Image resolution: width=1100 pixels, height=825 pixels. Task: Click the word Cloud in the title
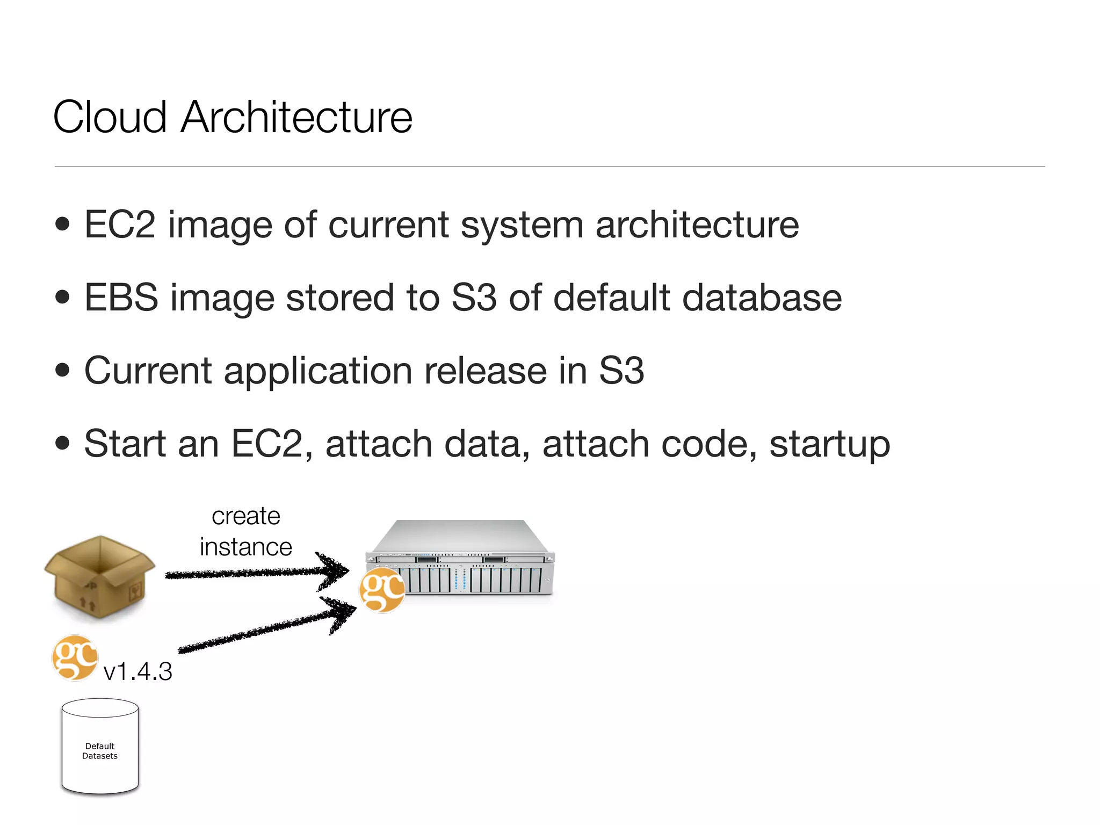pos(110,117)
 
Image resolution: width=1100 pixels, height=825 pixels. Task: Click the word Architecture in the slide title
pos(296,117)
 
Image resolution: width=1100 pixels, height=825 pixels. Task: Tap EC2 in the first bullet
pos(120,225)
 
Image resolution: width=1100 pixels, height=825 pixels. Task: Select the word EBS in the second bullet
pos(121,298)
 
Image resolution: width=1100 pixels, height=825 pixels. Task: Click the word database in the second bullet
pos(762,298)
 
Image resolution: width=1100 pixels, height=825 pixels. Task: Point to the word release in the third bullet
pos(485,371)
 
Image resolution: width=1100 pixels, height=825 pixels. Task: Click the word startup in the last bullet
pos(829,445)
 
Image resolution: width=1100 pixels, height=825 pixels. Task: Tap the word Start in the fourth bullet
pos(125,444)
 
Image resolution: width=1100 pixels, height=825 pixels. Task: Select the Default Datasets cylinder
pos(100,747)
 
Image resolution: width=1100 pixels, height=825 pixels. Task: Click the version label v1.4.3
pos(137,671)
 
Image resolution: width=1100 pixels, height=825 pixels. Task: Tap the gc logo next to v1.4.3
pos(75,658)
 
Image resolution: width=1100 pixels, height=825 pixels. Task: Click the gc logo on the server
pos(382,590)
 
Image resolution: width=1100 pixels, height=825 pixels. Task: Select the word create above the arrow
pos(246,517)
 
